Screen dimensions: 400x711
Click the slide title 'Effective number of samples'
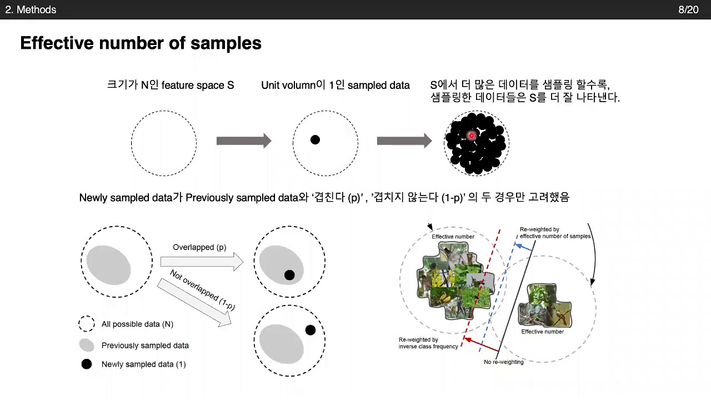coord(141,43)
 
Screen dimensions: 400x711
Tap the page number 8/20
coord(688,10)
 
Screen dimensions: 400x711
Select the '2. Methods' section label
coord(31,10)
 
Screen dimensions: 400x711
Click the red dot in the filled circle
coord(472,135)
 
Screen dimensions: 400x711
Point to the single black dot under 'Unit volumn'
coord(315,140)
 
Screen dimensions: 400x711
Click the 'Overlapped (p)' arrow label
coord(199,247)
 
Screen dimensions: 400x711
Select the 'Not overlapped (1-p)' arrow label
coord(202,293)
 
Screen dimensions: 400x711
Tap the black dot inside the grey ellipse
coord(289,275)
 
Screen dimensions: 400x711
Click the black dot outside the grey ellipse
coord(311,330)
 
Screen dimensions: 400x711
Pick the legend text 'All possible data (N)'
coord(137,324)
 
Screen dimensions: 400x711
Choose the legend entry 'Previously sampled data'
coord(145,346)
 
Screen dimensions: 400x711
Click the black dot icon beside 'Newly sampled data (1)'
coord(86,364)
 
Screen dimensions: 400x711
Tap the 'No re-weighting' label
coord(503,362)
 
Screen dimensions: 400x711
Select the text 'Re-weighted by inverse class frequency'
coord(428,343)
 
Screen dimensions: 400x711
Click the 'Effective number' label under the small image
coord(542,332)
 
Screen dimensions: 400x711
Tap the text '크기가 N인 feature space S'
coord(170,86)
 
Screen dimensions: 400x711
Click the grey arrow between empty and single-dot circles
coord(243,141)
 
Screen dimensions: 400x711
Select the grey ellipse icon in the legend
coord(86,345)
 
